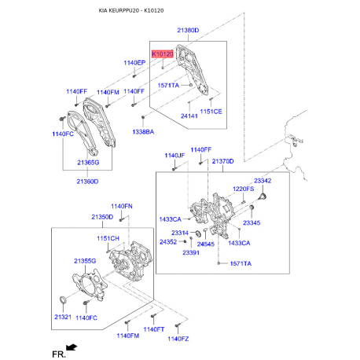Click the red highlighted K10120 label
tap(162, 53)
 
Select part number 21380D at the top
tap(188, 30)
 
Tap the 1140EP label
tap(135, 62)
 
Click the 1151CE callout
tap(211, 111)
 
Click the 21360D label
tap(87, 182)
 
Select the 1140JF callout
tap(174, 156)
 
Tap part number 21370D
tap(222, 160)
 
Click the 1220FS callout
tap(244, 189)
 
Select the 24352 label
tap(168, 242)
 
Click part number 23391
tap(192, 252)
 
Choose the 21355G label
tap(84, 260)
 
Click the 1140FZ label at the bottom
tap(178, 338)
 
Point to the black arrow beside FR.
tap(72, 347)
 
